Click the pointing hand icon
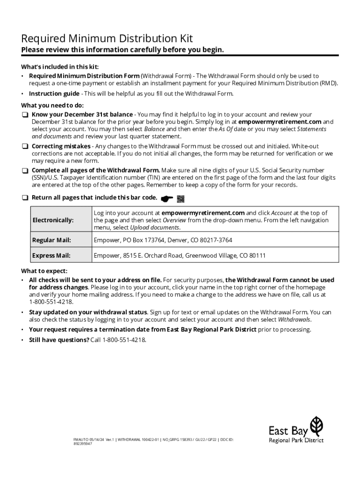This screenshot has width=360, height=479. [166, 198]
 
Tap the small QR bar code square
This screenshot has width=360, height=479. [181, 198]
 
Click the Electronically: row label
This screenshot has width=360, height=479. [53, 220]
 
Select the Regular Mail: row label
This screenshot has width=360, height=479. [51, 240]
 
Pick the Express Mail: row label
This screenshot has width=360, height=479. [51, 255]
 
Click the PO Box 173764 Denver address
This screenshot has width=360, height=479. [163, 240]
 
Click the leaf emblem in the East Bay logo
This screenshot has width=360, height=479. [317, 425]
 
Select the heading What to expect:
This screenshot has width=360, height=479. [44, 271]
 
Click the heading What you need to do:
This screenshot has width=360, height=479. [52, 105]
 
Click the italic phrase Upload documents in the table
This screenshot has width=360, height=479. [154, 227]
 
